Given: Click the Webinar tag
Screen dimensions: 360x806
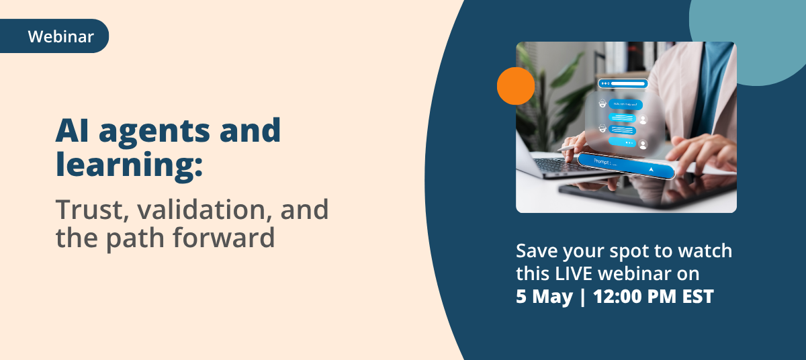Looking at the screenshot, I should click(60, 36).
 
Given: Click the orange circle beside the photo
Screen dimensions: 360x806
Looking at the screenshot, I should click(515, 86).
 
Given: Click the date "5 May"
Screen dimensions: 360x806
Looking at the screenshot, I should click(543, 297).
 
